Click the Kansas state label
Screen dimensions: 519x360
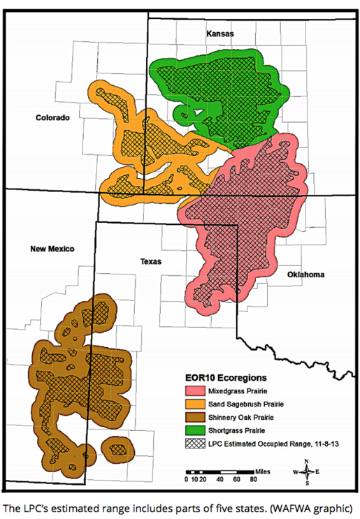pyautogui.click(x=219, y=34)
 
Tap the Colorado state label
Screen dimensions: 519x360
pyautogui.click(x=52, y=118)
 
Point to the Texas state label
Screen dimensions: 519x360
pyautogui.click(x=150, y=262)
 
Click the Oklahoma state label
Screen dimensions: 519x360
pyautogui.click(x=305, y=275)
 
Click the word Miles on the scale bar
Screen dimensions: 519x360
pyautogui.click(x=264, y=472)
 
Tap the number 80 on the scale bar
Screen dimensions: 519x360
pyautogui.click(x=254, y=480)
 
